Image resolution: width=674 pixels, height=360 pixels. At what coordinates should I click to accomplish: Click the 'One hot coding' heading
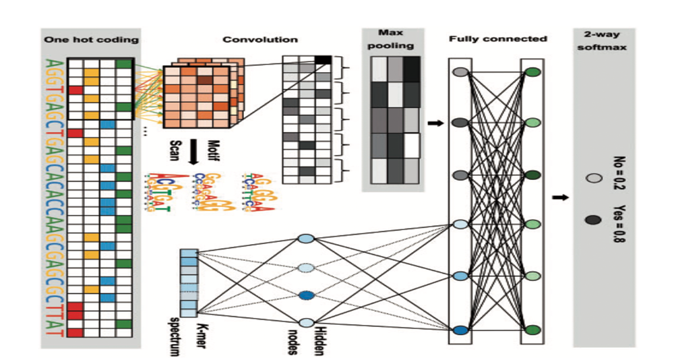[x=91, y=39]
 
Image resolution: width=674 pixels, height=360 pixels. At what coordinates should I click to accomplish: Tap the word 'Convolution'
[x=250, y=39]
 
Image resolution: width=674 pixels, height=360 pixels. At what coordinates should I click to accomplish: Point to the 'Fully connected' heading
[x=497, y=39]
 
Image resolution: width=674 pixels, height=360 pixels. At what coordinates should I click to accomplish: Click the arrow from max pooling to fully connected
[x=436, y=123]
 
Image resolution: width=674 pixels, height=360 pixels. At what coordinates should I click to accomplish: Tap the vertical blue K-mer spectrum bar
[x=188, y=282]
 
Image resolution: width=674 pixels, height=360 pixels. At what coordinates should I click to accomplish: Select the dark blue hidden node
[x=306, y=295]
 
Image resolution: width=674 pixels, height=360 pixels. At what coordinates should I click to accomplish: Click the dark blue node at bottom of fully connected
[x=460, y=330]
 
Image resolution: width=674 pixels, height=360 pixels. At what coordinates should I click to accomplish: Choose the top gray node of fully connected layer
[x=460, y=71]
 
